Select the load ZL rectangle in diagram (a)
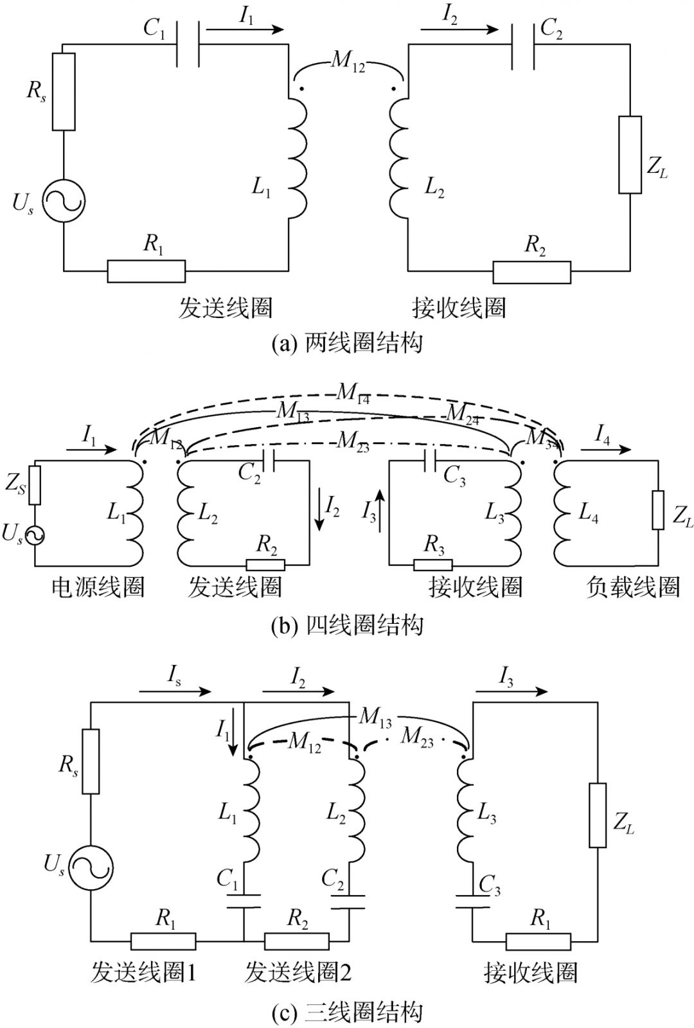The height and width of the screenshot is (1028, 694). pos(630,154)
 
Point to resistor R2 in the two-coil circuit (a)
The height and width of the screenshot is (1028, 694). pos(531,272)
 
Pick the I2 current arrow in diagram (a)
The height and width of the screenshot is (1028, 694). pos(459,29)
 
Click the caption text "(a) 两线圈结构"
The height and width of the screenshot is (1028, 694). pos(347,342)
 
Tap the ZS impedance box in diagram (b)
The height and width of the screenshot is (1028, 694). pos(35,485)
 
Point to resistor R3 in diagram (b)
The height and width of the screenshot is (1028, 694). pos(432,565)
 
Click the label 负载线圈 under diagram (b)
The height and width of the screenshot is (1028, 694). pos(632,587)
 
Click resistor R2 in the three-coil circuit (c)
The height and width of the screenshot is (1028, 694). pos(296,942)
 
